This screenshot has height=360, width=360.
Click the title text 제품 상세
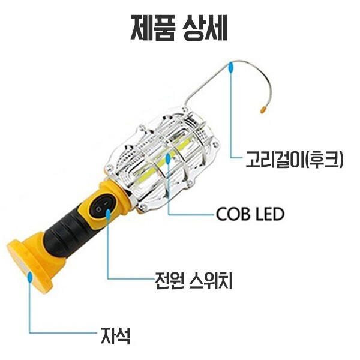pos(179,28)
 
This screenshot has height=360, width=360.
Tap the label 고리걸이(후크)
pos(294,158)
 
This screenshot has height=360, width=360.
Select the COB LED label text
pos(250,214)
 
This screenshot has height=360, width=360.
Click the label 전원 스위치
pos(194,281)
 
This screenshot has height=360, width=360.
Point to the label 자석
pos(116,335)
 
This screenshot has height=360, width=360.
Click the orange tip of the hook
pos(263,110)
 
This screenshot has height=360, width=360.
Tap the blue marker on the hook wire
pos(230,67)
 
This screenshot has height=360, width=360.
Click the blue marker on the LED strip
pos(168,158)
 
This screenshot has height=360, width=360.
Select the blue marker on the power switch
pos(108,214)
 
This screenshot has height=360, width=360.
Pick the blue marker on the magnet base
pos(29,277)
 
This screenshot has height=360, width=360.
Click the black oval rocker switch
pos(101,207)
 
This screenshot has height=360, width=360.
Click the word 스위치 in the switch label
pos(211,281)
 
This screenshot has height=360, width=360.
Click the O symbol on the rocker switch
pos(98,209)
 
